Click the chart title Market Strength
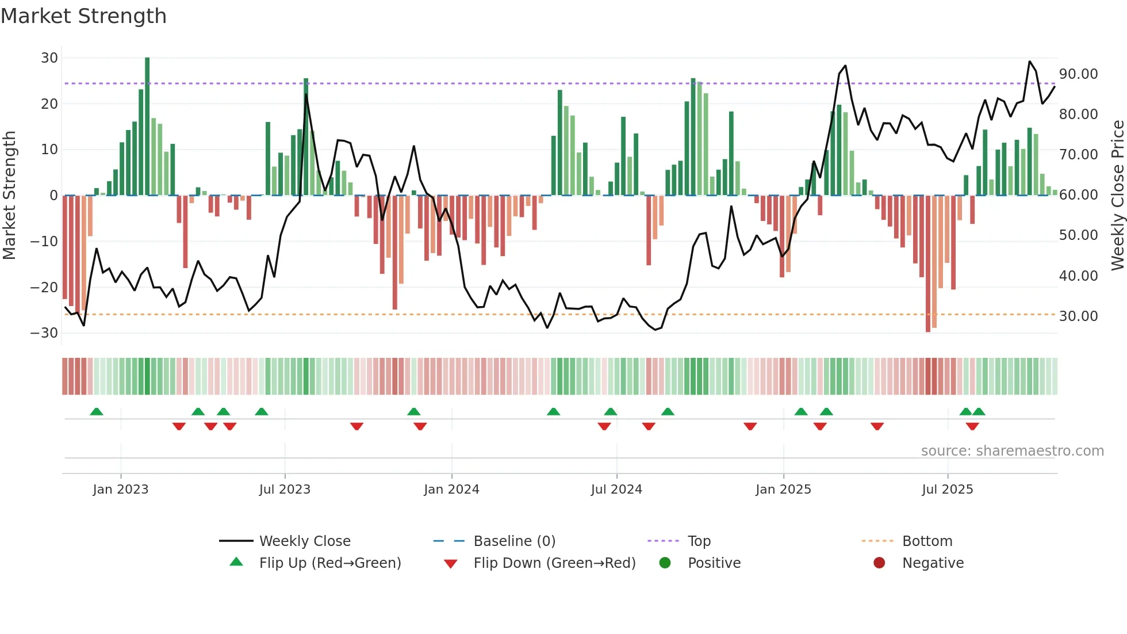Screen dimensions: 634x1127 (83, 16)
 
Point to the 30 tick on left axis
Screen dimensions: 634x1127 (49, 58)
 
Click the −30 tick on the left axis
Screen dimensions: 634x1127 (44, 333)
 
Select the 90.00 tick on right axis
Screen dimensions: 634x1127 (1078, 74)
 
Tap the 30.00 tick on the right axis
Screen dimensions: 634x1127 (1078, 316)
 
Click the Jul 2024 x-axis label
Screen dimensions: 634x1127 (616, 490)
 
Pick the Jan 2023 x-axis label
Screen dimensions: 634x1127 (120, 490)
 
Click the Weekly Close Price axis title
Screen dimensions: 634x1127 (1117, 195)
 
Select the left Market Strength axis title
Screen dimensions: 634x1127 (9, 195)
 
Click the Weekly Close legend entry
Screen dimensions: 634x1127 (304, 541)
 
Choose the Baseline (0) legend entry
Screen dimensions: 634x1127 (514, 541)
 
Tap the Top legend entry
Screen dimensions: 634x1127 (699, 541)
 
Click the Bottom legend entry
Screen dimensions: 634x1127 (927, 541)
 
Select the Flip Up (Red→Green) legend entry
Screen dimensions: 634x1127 (329, 563)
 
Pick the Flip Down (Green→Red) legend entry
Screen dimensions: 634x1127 (554, 563)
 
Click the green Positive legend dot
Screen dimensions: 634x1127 (665, 563)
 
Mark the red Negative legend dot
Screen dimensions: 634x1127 (879, 563)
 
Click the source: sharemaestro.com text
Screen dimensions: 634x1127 (1012, 451)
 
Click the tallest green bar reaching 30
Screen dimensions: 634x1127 (147, 127)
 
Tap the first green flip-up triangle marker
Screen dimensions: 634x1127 (97, 412)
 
